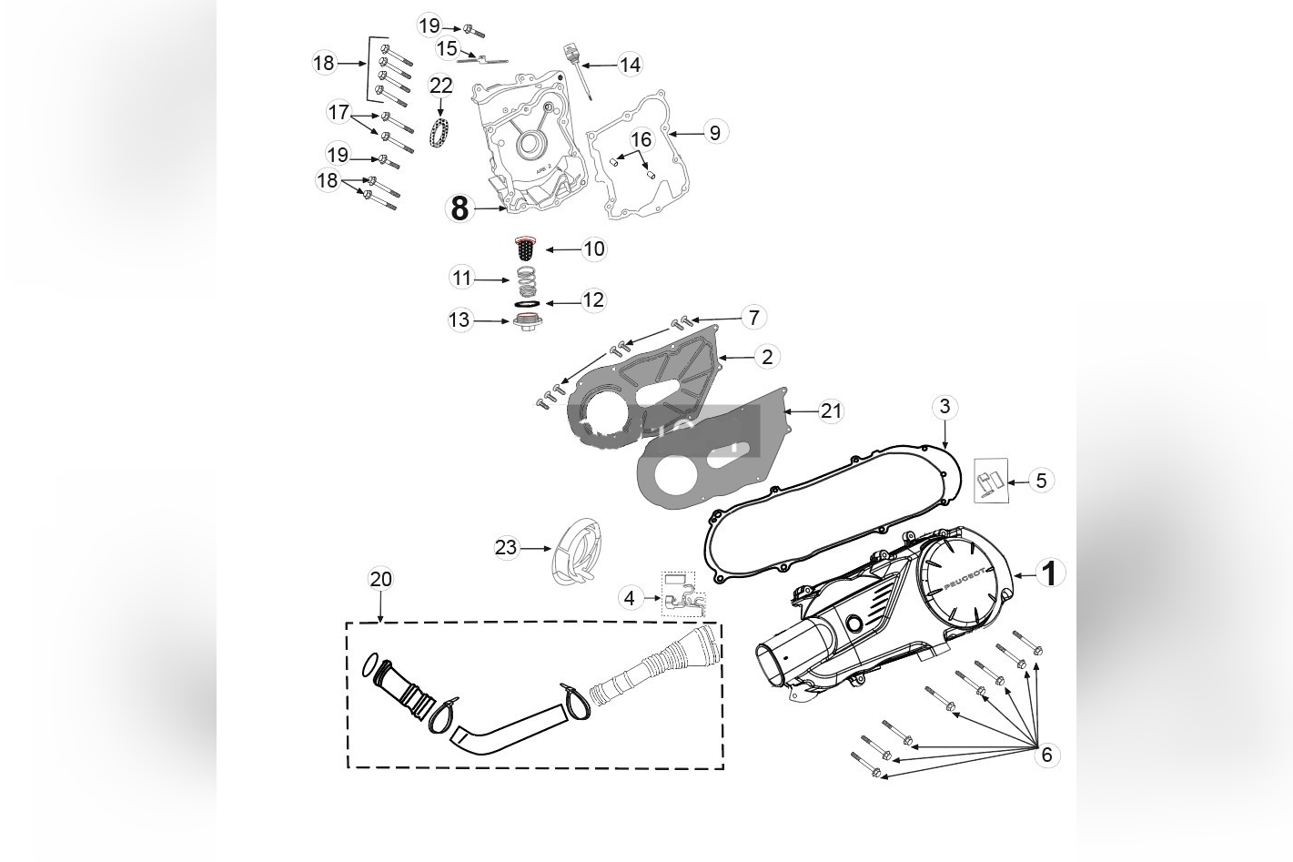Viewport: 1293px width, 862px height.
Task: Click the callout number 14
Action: [630, 65]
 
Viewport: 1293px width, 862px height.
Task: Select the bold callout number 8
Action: [460, 208]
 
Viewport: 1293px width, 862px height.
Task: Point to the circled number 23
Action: [506, 547]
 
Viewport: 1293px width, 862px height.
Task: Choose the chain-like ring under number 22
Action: [441, 134]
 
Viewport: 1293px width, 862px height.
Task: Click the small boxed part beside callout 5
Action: [991, 481]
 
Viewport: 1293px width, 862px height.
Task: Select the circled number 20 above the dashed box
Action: [380, 579]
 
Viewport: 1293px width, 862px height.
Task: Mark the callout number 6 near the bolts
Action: [1046, 755]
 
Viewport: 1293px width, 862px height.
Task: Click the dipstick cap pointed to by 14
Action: [572, 49]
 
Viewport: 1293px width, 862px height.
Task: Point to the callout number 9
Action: [714, 133]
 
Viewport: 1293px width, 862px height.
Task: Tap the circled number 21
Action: [831, 411]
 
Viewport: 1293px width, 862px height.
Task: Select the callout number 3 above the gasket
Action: [944, 406]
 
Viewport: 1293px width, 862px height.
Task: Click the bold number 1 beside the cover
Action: [1050, 573]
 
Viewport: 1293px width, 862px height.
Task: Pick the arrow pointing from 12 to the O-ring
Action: [561, 301]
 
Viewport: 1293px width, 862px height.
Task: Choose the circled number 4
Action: [630, 598]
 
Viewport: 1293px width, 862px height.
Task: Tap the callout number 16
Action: [641, 139]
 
